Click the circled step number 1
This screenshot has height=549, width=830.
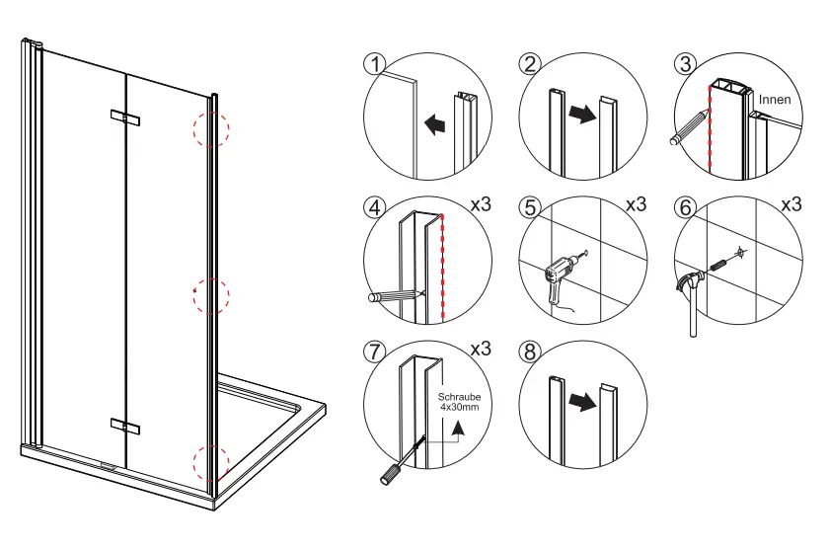tap(372, 64)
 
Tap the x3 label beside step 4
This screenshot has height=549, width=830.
tap(481, 205)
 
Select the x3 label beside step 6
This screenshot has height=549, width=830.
tap(792, 205)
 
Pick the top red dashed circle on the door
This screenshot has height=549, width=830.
tap(211, 127)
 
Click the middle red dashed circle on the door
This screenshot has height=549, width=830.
tap(210, 294)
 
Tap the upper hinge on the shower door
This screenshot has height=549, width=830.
tap(125, 118)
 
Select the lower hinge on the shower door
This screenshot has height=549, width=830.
tap(125, 426)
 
